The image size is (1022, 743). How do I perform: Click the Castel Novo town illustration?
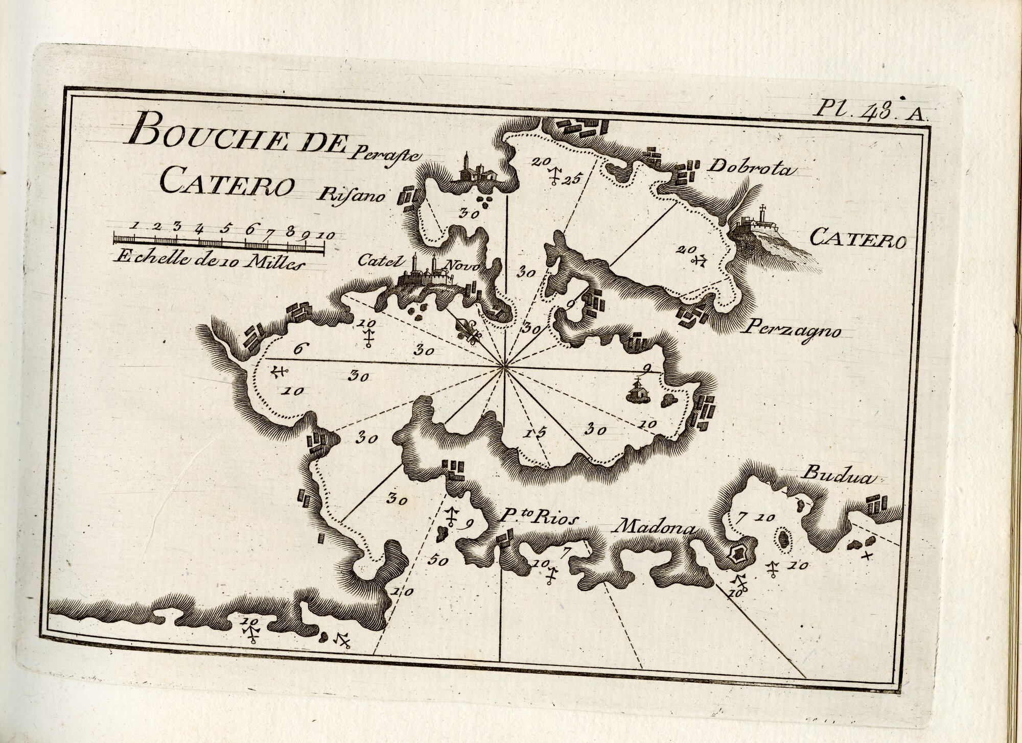coord(429,276)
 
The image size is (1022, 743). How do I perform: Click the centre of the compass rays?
coord(504,366)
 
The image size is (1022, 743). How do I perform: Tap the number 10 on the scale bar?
coord(324,235)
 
